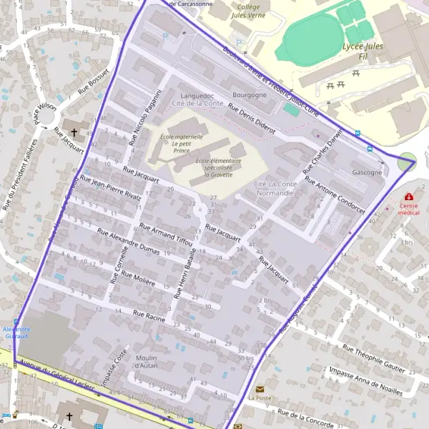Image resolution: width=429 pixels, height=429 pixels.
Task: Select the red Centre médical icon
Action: coord(408,196)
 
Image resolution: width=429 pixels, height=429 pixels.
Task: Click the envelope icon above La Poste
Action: coord(260,388)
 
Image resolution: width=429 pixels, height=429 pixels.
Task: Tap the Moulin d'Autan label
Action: coord(146,362)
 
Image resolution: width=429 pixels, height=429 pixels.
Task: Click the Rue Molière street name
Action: coord(138,278)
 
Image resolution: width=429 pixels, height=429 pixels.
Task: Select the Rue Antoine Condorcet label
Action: coord(335,195)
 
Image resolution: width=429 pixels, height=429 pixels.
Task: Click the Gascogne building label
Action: coord(367,172)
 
